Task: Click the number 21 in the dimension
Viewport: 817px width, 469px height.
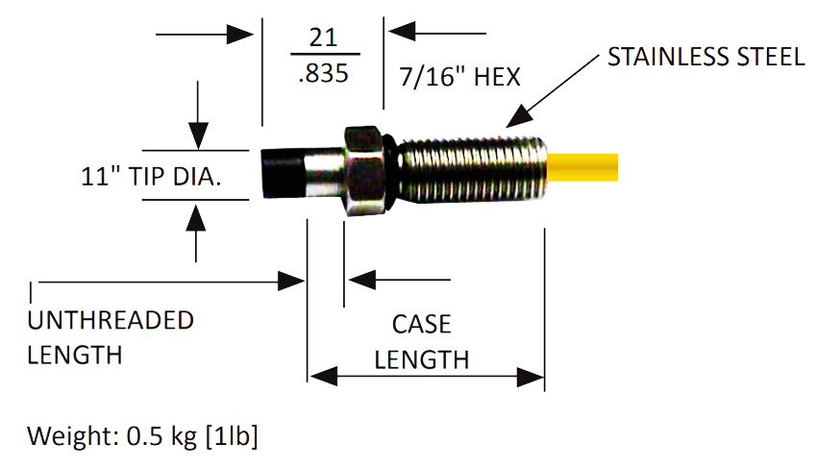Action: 323,37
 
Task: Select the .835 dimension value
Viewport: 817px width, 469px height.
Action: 323,75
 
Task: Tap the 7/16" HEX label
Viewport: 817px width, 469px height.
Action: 459,75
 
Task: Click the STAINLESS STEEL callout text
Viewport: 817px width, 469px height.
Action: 706,58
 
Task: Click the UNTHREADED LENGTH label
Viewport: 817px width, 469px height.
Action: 110,337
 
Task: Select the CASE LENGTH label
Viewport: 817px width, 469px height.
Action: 421,342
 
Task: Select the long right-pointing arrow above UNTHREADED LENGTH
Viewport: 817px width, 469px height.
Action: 163,281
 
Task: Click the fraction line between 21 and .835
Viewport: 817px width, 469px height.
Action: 323,54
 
